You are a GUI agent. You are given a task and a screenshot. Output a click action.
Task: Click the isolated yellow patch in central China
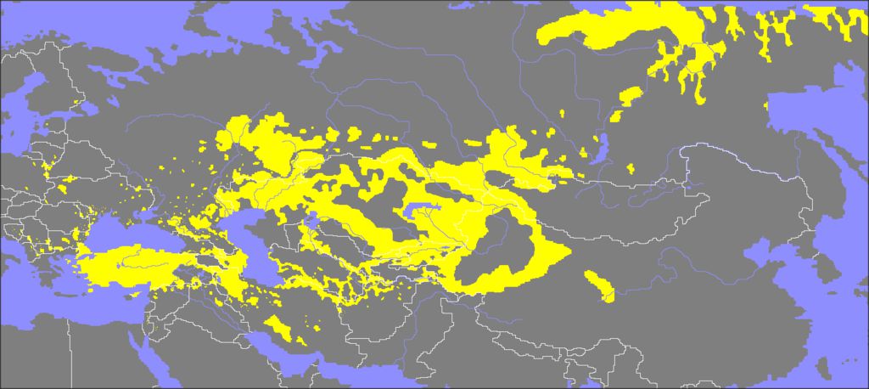(600, 287)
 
